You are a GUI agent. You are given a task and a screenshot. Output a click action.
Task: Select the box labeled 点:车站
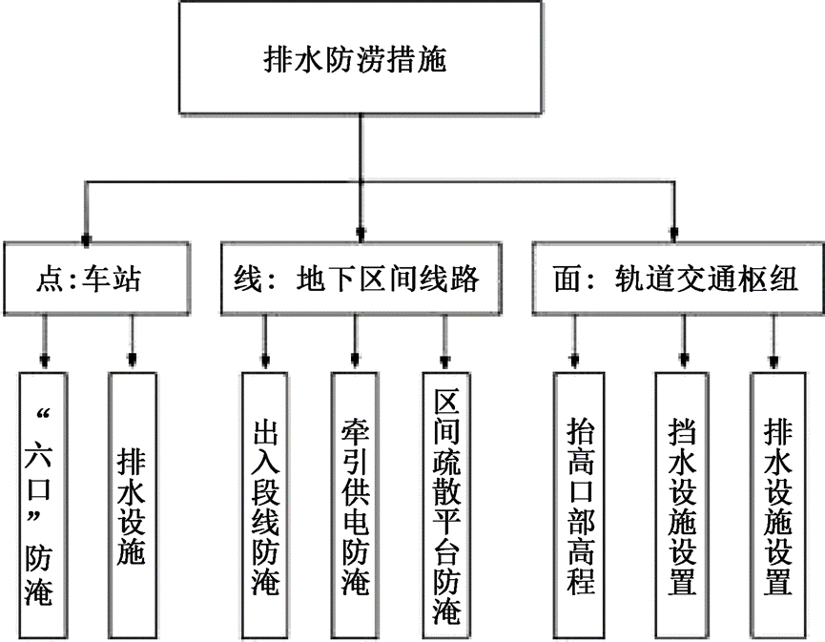[90, 280]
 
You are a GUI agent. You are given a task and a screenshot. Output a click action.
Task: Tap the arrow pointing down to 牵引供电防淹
[356, 358]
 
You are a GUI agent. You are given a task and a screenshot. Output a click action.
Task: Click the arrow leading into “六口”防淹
[43, 358]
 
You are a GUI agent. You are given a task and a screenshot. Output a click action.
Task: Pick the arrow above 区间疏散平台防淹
[444, 358]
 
